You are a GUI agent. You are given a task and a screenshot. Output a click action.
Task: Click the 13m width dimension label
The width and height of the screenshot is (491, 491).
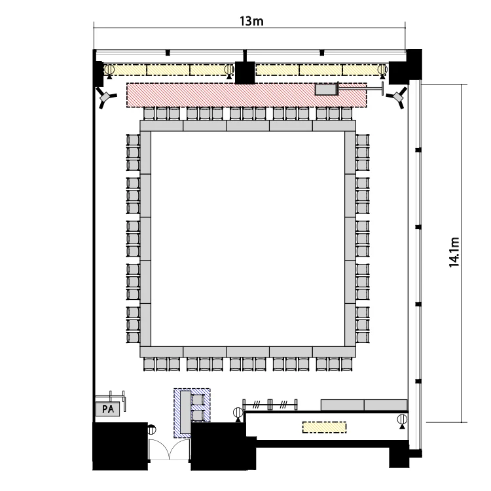[x=251, y=22]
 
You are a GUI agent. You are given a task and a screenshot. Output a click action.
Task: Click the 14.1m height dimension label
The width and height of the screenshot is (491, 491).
[x=454, y=253]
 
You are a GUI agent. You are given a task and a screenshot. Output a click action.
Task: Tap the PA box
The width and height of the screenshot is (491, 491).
[x=108, y=409]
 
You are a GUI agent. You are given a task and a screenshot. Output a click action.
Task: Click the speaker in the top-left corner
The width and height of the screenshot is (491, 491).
[x=106, y=96]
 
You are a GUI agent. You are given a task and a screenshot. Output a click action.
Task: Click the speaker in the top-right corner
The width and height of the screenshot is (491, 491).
[x=397, y=96]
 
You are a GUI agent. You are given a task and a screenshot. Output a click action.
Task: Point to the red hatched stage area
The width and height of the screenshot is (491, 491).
[x=246, y=95]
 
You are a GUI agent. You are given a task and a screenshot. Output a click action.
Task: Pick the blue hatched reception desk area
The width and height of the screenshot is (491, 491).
[x=192, y=412]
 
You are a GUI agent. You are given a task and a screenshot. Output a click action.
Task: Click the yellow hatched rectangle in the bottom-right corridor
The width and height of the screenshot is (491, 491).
[x=325, y=427]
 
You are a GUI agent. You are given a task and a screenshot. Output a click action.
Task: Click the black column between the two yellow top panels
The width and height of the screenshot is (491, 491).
[x=245, y=73]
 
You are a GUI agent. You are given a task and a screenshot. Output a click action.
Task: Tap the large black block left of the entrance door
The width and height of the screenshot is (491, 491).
[x=120, y=446]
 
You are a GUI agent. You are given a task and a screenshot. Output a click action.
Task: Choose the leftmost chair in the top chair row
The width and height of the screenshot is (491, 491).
[x=149, y=113]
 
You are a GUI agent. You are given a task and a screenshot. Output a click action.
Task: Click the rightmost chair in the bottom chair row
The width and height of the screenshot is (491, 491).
[x=346, y=364]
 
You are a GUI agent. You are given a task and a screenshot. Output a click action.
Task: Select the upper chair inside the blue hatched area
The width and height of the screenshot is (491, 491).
[x=198, y=399]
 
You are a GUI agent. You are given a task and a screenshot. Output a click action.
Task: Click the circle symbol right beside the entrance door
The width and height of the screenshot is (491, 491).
[x=152, y=429]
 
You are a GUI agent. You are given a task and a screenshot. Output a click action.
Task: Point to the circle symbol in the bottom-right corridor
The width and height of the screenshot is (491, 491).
[x=402, y=419]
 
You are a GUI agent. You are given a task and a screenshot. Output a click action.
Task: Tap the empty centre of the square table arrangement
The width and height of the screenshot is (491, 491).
[x=247, y=238]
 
